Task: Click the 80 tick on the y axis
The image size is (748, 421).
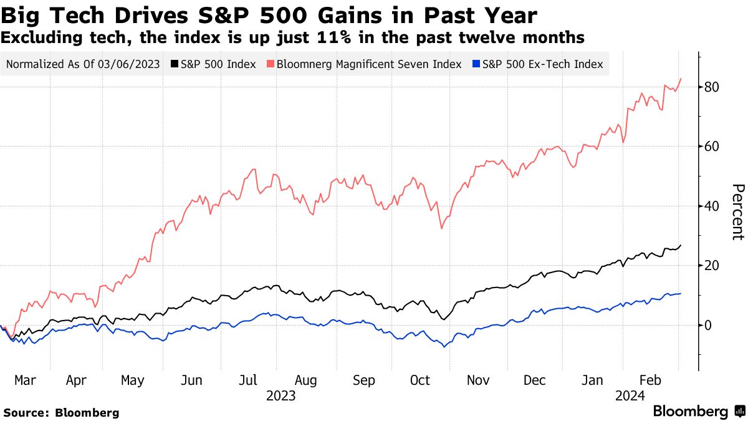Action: (x=712, y=87)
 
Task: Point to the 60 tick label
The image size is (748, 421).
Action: (x=712, y=147)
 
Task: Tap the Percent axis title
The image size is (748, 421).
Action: (x=737, y=212)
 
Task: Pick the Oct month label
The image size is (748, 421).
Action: (x=420, y=380)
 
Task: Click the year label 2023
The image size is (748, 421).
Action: (x=280, y=396)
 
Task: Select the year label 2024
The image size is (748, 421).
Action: (x=630, y=396)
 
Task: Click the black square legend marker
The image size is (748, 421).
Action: (x=175, y=64)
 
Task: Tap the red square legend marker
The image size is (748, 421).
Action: (x=270, y=64)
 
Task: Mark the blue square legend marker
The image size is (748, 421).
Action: (x=476, y=64)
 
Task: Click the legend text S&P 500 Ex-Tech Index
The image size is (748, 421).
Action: (x=543, y=64)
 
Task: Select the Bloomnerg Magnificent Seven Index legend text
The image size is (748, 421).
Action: (x=368, y=64)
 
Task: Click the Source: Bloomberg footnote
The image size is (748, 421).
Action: (x=61, y=412)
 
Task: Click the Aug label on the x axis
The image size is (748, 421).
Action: (x=305, y=380)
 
